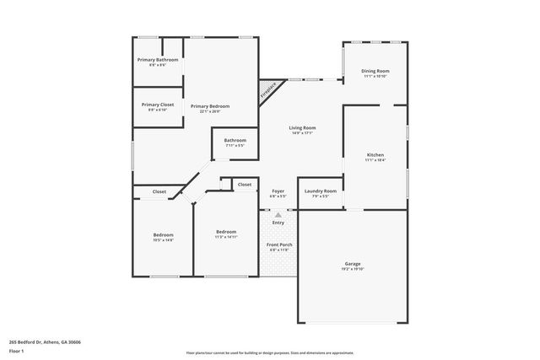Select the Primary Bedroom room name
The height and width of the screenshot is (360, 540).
209,106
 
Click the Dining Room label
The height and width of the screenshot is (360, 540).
375,72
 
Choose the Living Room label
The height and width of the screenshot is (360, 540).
301,128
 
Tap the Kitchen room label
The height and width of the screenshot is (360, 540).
375,155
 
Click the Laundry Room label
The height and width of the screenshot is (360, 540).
321,191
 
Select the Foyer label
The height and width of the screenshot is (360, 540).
278,191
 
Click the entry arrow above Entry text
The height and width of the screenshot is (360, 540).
278,215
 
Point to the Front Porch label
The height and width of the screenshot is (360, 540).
278,245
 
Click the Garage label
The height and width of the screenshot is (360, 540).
352,264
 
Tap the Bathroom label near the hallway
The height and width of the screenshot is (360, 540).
235,140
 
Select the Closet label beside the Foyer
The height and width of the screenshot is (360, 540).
245,184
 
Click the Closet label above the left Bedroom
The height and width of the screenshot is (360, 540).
159,191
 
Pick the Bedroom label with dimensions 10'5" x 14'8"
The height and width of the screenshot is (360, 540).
163,235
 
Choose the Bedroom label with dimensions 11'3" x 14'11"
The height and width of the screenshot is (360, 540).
226,232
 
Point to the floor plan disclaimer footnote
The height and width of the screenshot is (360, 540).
270,353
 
